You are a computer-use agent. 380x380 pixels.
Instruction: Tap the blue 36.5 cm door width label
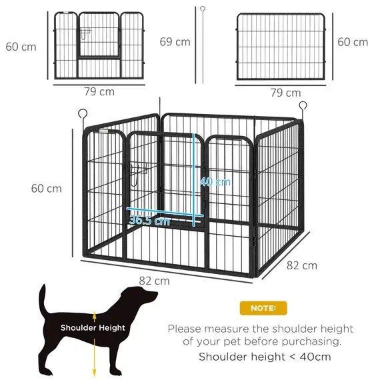tap(149, 221)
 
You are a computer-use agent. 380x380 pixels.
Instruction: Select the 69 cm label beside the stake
tap(175, 41)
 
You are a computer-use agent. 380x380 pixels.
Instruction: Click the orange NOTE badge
tap(263, 307)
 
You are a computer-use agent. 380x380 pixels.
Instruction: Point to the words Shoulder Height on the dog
tap(93, 327)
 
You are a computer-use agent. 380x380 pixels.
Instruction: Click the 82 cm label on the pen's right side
tap(301, 265)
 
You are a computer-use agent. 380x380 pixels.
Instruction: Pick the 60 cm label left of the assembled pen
tap(46, 188)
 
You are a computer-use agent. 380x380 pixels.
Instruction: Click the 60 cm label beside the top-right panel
tap(352, 42)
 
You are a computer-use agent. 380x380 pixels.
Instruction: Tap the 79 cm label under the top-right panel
tap(285, 93)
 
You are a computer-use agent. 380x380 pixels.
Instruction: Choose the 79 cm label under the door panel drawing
tap(98, 91)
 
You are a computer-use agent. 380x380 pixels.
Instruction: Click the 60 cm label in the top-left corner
tap(21, 47)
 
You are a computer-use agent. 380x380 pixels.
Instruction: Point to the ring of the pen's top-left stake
tap(83, 113)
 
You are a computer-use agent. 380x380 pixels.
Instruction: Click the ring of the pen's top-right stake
tap(303, 105)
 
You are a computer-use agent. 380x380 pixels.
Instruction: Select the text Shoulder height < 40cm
tap(264, 356)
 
